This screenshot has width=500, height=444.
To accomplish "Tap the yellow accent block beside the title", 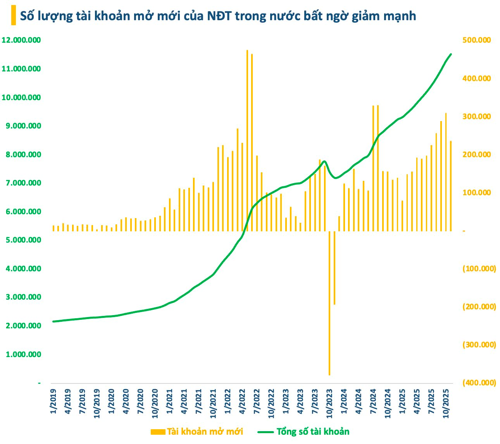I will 14,16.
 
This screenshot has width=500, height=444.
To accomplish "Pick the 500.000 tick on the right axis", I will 476,40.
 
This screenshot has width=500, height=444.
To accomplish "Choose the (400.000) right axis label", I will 479,383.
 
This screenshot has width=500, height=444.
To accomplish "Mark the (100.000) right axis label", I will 479,269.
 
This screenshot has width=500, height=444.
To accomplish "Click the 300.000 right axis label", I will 476,116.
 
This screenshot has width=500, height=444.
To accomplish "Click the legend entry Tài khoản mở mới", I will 197,432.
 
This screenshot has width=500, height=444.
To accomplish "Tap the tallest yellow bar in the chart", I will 247,140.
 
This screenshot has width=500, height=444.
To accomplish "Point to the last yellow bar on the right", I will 451,186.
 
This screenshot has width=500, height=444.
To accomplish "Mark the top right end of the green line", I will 451,54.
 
